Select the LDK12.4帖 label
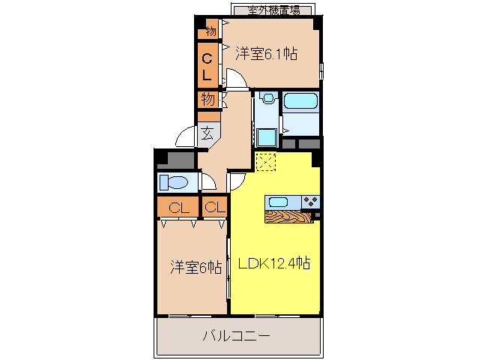coord(275,263)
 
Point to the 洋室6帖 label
coord(195,266)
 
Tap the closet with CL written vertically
coord(208,65)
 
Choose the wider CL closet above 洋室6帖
coord(178,207)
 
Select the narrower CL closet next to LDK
coord(214,207)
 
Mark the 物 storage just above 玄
coord(208,99)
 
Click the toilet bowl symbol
coord(176,182)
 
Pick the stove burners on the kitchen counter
coord(310,201)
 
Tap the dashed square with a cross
coord(266,163)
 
